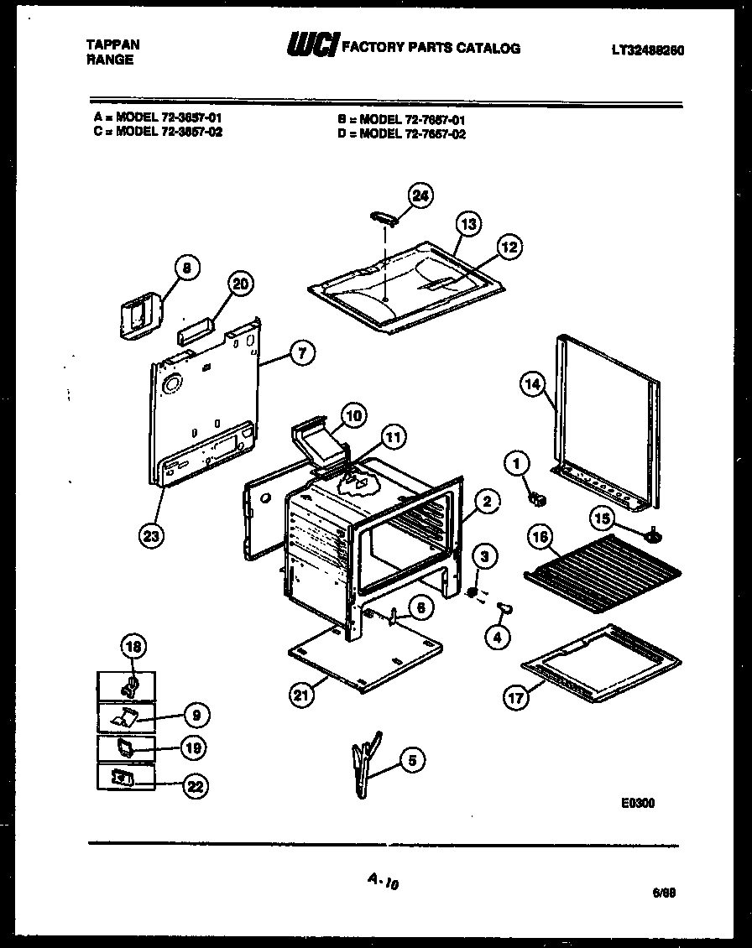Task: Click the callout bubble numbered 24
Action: tap(420, 195)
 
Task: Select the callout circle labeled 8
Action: tap(187, 268)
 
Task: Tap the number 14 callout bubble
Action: tap(532, 385)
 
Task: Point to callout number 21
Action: tap(299, 693)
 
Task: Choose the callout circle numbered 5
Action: tap(411, 761)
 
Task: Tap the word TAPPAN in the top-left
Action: tap(112, 44)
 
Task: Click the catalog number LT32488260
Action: tap(647, 49)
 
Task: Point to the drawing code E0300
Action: tap(638, 803)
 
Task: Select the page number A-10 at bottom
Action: tap(381, 881)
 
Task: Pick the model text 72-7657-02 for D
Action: tap(412, 133)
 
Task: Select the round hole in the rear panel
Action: tap(172, 386)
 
